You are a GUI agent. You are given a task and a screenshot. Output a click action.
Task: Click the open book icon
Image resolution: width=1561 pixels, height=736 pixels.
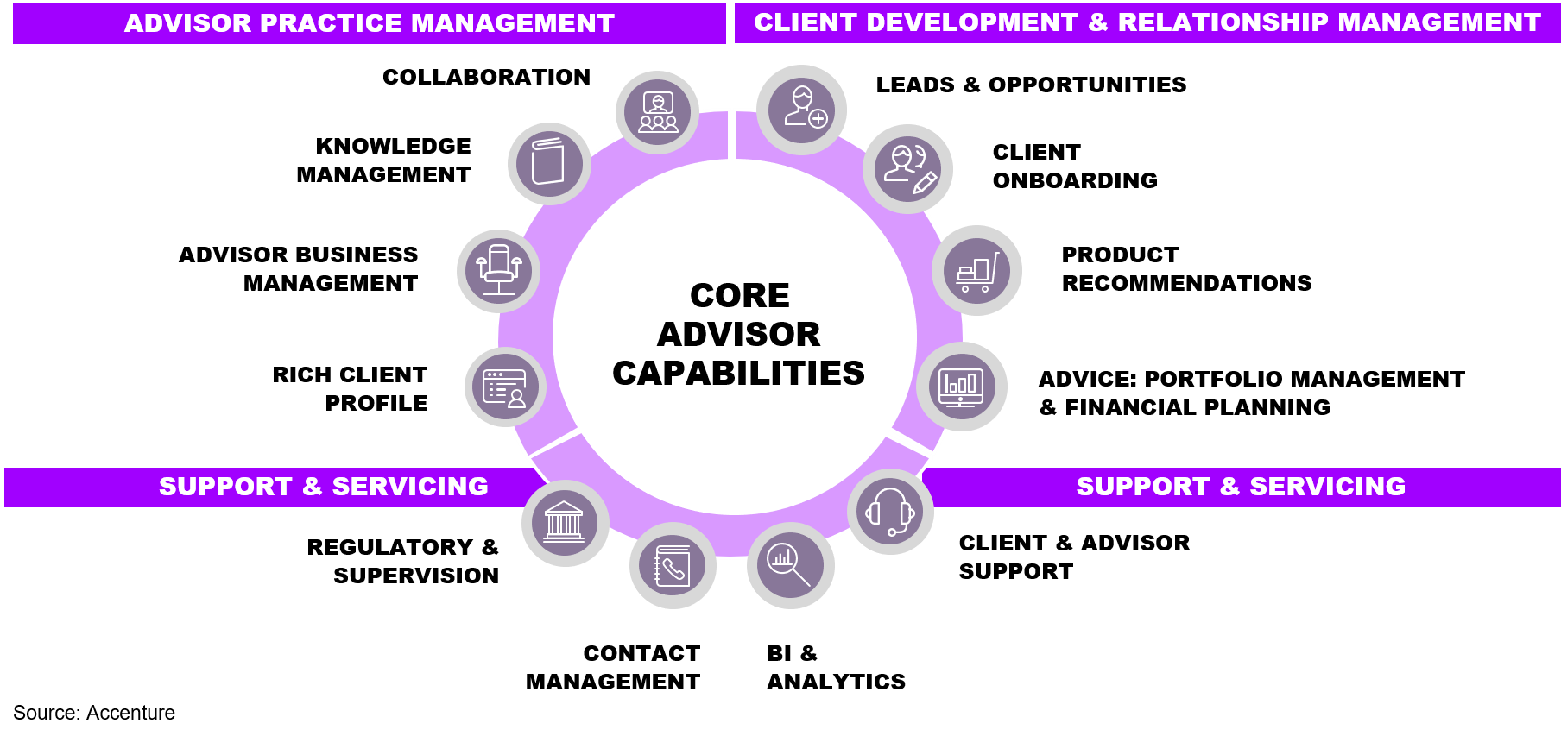pyautogui.click(x=548, y=162)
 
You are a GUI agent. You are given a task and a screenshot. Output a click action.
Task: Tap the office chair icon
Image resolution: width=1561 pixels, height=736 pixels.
pyautogui.click(x=498, y=270)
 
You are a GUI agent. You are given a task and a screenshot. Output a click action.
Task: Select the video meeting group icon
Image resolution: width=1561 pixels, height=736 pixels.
pyautogui.click(x=658, y=112)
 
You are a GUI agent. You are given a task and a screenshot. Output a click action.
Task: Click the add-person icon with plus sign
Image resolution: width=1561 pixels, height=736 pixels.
pyautogui.click(x=802, y=109)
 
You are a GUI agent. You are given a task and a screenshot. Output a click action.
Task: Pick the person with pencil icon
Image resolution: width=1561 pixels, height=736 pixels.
pyautogui.click(x=907, y=168)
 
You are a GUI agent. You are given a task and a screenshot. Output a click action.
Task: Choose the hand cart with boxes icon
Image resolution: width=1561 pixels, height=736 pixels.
pyautogui.click(x=976, y=271)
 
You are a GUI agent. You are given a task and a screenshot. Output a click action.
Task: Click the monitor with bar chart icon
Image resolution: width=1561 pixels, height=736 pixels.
pyautogui.click(x=961, y=387)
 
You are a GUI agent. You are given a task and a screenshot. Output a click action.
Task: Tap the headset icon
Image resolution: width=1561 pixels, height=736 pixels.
pyautogui.click(x=890, y=512)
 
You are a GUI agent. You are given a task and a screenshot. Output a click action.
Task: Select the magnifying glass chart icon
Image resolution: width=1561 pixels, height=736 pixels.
pyautogui.click(x=790, y=565)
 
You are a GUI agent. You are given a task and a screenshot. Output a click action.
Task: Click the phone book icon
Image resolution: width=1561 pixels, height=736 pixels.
pyautogui.click(x=673, y=566)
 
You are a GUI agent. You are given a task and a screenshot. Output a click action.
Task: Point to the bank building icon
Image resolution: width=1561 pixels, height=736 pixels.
pyautogui.click(x=565, y=523)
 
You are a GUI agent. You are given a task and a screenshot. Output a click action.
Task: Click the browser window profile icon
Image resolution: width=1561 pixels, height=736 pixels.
pyautogui.click(x=505, y=387)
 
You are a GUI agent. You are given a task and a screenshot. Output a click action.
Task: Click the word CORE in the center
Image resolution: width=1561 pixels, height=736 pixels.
pyautogui.click(x=739, y=296)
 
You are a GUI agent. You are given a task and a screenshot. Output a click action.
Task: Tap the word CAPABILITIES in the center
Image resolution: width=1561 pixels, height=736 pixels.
pyautogui.click(x=738, y=374)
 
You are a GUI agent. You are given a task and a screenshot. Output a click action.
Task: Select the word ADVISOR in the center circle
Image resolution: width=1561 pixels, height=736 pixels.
pyautogui.click(x=738, y=335)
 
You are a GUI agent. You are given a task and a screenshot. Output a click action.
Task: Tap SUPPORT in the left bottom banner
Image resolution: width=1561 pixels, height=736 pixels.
pyautogui.click(x=225, y=487)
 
